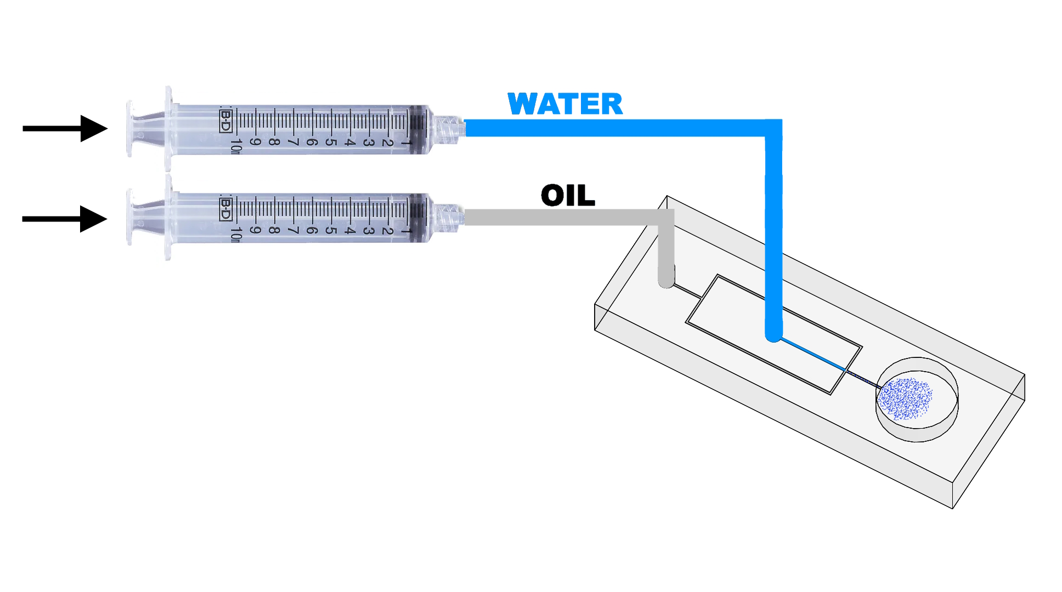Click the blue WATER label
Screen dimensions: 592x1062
565,104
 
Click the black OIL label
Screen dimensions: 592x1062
568,196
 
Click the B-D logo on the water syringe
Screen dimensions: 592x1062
225,121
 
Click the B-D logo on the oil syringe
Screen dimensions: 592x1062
225,209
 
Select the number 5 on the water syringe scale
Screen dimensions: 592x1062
330,142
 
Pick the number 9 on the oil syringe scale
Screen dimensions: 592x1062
255,230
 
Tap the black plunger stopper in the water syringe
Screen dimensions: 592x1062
418,129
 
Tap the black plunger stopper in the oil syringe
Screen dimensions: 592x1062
418,218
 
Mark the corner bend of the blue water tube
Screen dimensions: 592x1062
773,128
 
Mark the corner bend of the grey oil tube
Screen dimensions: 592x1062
666,218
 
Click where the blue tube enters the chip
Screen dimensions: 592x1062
773,335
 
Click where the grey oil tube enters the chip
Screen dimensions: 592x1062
666,282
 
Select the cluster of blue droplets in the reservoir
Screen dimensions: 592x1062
905,399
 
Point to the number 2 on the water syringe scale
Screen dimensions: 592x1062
387,142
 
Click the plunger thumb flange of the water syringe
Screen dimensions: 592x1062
129,129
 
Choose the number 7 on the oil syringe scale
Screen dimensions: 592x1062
292,230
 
